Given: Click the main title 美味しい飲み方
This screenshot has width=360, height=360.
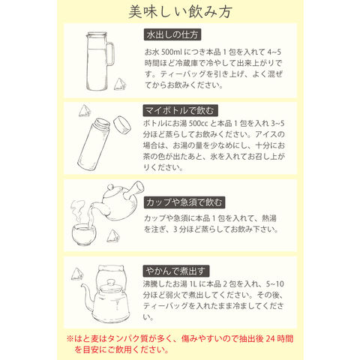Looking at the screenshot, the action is pyautogui.click(x=180, y=12).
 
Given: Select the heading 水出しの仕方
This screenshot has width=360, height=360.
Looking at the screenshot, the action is pyautogui.click(x=172, y=34).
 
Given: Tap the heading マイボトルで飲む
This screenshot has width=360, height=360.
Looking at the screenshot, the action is pyautogui.click(x=180, y=110).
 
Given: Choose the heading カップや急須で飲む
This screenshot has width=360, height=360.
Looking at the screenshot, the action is pyautogui.click(x=184, y=202).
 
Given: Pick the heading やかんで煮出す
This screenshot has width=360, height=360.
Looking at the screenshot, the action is pyautogui.click(x=176, y=271).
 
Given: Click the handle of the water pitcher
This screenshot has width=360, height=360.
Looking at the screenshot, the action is pyautogui.click(x=111, y=53).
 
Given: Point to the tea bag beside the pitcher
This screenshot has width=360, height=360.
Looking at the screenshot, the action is pyautogui.click(x=120, y=84).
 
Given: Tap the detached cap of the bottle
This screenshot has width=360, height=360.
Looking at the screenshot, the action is pyautogui.click(x=122, y=125).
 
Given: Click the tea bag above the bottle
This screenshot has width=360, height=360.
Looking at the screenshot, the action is pyautogui.click(x=85, y=111).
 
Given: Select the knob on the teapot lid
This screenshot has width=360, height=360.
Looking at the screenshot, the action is pyautogui.click(x=110, y=187).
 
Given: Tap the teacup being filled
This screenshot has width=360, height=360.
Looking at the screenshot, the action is pyautogui.click(x=84, y=235).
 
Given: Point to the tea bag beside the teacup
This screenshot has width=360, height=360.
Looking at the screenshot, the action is pyautogui.click(x=113, y=236).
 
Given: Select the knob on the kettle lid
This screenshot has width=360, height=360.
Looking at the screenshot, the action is pyautogui.click(x=111, y=283).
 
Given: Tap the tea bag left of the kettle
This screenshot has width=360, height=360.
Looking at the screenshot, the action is pyautogui.click(x=77, y=274).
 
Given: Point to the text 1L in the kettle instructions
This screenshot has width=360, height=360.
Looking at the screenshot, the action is pyautogui.click(x=193, y=284).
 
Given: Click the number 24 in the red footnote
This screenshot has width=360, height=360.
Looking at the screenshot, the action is pyautogui.click(x=270, y=339).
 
